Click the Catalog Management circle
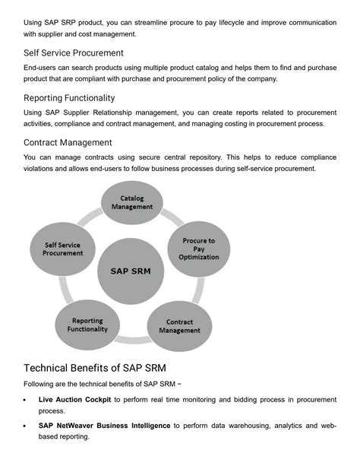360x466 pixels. click(x=132, y=202)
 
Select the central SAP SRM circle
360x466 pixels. click(x=130, y=271)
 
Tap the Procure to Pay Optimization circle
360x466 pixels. click(x=199, y=249)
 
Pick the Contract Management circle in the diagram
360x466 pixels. click(x=179, y=326)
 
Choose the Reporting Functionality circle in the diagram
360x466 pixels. click(x=87, y=325)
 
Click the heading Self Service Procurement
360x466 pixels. click(x=74, y=53)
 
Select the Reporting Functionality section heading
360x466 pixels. click(x=69, y=98)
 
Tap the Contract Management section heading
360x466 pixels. click(x=68, y=142)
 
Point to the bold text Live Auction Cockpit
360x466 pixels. click(x=74, y=399)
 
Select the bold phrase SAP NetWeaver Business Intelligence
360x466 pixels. click(x=104, y=426)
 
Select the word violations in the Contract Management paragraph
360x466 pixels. click(x=41, y=168)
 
